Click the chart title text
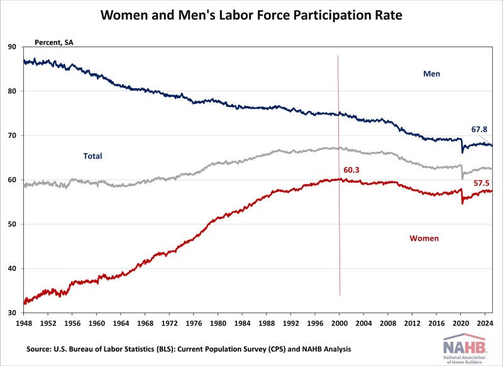pyautogui.click(x=251, y=14)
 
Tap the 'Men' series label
pyautogui.click(x=431, y=74)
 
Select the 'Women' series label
pyautogui.click(x=424, y=239)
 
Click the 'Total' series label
pyautogui.click(x=92, y=156)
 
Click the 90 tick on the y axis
pyautogui.click(x=13, y=47)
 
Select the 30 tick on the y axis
pyautogui.click(x=13, y=313)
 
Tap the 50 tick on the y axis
pyautogui.click(x=13, y=224)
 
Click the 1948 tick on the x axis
pyautogui.click(x=24, y=323)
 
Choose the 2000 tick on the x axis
pyautogui.click(x=340, y=323)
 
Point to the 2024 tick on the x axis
pyautogui.click(x=485, y=323)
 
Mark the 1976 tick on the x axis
pyautogui.click(x=194, y=323)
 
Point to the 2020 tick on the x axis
pyautogui.click(x=461, y=323)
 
